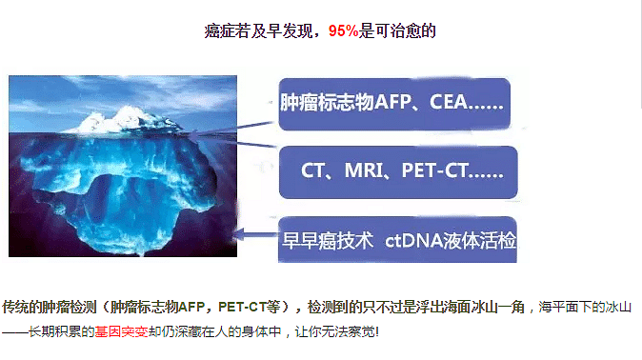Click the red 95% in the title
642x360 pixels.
coord(343,30)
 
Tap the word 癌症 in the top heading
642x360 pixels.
coord(220,30)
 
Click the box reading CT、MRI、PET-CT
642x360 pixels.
coord(398,171)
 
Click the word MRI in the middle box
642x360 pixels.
coord(371,171)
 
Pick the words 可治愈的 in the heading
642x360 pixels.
coord(409,30)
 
